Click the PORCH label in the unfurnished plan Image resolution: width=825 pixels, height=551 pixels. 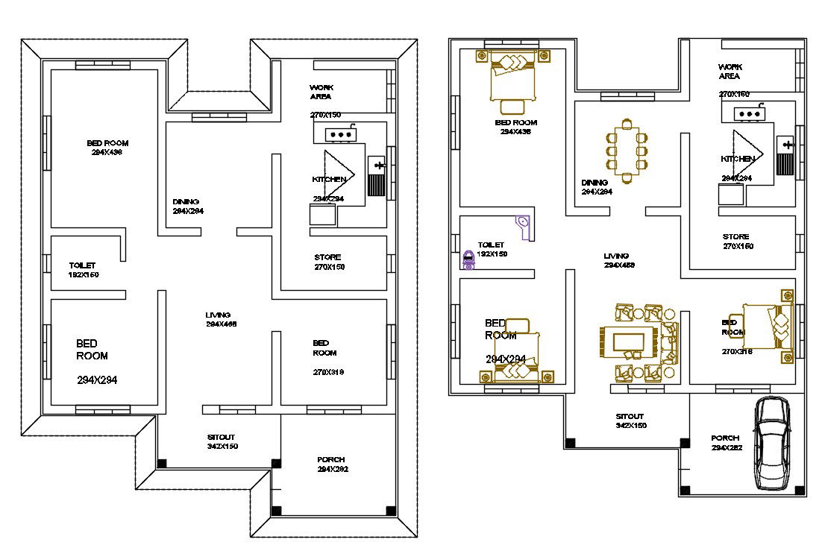click(x=330, y=460)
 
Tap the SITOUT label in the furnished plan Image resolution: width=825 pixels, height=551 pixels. click(x=630, y=417)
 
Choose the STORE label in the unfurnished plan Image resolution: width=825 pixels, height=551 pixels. click(x=328, y=258)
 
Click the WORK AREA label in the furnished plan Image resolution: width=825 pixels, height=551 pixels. click(x=730, y=72)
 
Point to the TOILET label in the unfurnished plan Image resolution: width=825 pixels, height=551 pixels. click(x=82, y=265)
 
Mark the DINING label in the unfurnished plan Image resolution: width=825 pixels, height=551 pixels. click(x=186, y=202)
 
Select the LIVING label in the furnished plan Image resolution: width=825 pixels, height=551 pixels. click(x=616, y=256)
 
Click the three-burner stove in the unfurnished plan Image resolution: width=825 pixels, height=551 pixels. click(x=342, y=135)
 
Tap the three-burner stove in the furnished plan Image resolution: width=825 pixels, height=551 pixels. click(x=748, y=114)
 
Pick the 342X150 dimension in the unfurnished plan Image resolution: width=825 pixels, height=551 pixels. click(x=222, y=447)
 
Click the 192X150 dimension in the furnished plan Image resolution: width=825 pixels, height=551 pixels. click(x=492, y=254)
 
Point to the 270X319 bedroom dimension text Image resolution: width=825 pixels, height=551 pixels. click(x=328, y=372)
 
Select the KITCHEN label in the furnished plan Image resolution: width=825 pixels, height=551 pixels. click(x=736, y=160)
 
